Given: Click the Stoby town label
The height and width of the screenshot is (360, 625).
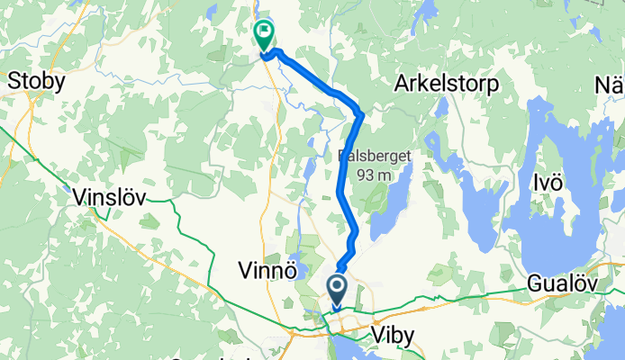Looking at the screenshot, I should [x=36, y=82].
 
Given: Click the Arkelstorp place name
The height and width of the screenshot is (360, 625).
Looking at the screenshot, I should [x=446, y=83].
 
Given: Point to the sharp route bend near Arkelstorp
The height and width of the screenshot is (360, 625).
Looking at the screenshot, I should [x=360, y=114].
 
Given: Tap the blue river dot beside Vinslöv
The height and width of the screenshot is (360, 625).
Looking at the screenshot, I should [x=68, y=188].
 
